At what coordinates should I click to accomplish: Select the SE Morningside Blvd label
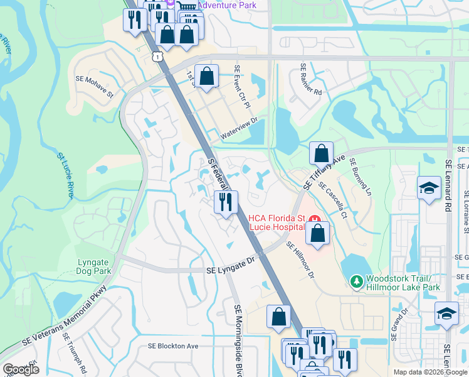pos(238,339)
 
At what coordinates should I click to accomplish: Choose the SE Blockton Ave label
pos(172,346)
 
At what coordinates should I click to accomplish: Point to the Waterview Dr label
pos(239,130)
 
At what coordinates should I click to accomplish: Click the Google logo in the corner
pos(21,369)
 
